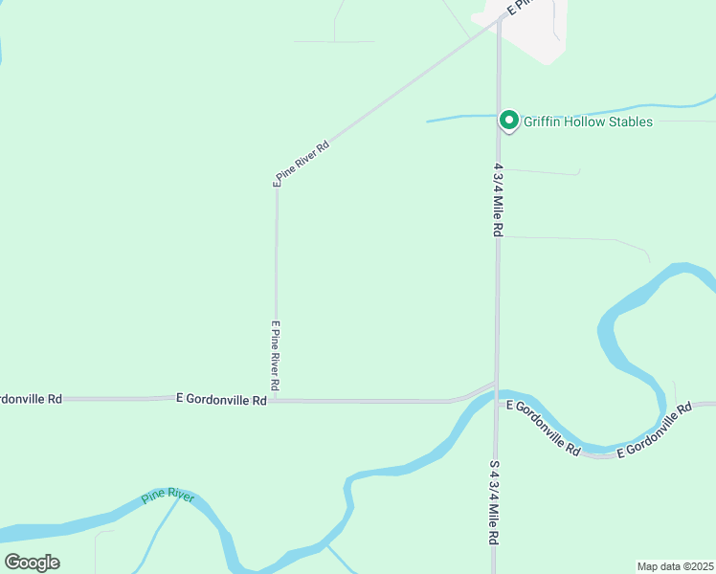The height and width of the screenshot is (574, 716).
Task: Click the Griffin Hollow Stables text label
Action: (588, 121)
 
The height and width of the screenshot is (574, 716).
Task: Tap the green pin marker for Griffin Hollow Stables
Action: (509, 121)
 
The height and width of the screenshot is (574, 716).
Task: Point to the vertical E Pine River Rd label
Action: (276, 355)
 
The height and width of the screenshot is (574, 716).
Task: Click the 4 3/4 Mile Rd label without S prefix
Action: (499, 200)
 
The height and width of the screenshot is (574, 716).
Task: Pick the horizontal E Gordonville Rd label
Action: (221, 400)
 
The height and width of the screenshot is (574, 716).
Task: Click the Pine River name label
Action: (168, 497)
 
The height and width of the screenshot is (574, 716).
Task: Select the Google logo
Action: (32, 562)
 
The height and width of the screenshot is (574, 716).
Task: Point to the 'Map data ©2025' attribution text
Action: (675, 566)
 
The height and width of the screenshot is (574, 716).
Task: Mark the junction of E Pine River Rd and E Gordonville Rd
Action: (277, 400)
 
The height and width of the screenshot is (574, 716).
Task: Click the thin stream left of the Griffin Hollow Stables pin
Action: (459, 119)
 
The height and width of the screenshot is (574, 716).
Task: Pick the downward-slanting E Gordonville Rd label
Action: (544, 426)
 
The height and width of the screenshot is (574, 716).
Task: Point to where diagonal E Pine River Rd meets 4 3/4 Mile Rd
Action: (499, 18)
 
